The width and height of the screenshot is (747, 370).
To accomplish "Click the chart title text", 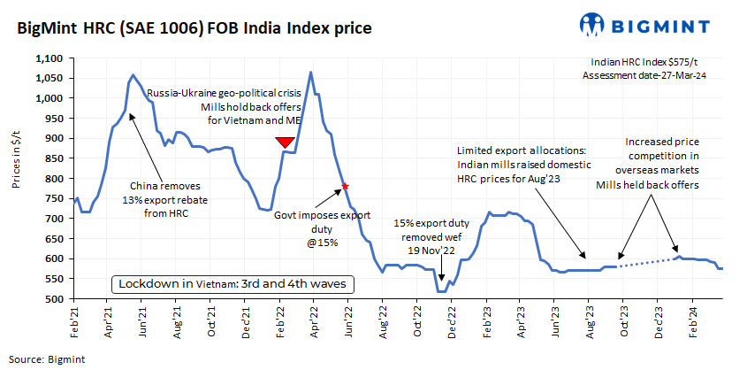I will pyautogui.click(x=189, y=28).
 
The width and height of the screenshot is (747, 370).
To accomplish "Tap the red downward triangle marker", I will pyautogui.click(x=285, y=143).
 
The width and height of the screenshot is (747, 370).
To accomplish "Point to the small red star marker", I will pyautogui.click(x=345, y=186).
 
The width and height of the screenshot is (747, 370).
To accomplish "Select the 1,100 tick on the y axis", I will pyautogui.click(x=50, y=58).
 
